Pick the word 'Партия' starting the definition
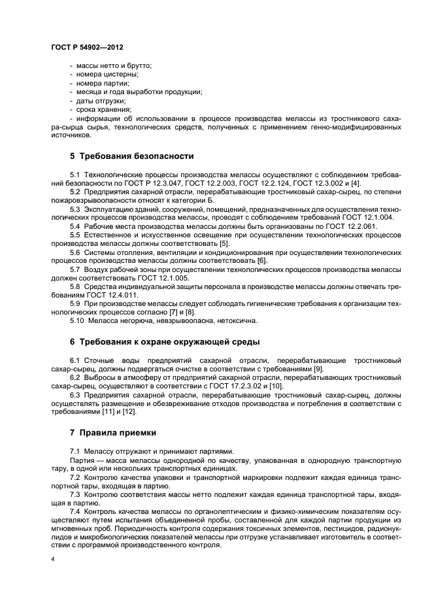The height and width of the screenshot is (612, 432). click(x=82, y=460)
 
